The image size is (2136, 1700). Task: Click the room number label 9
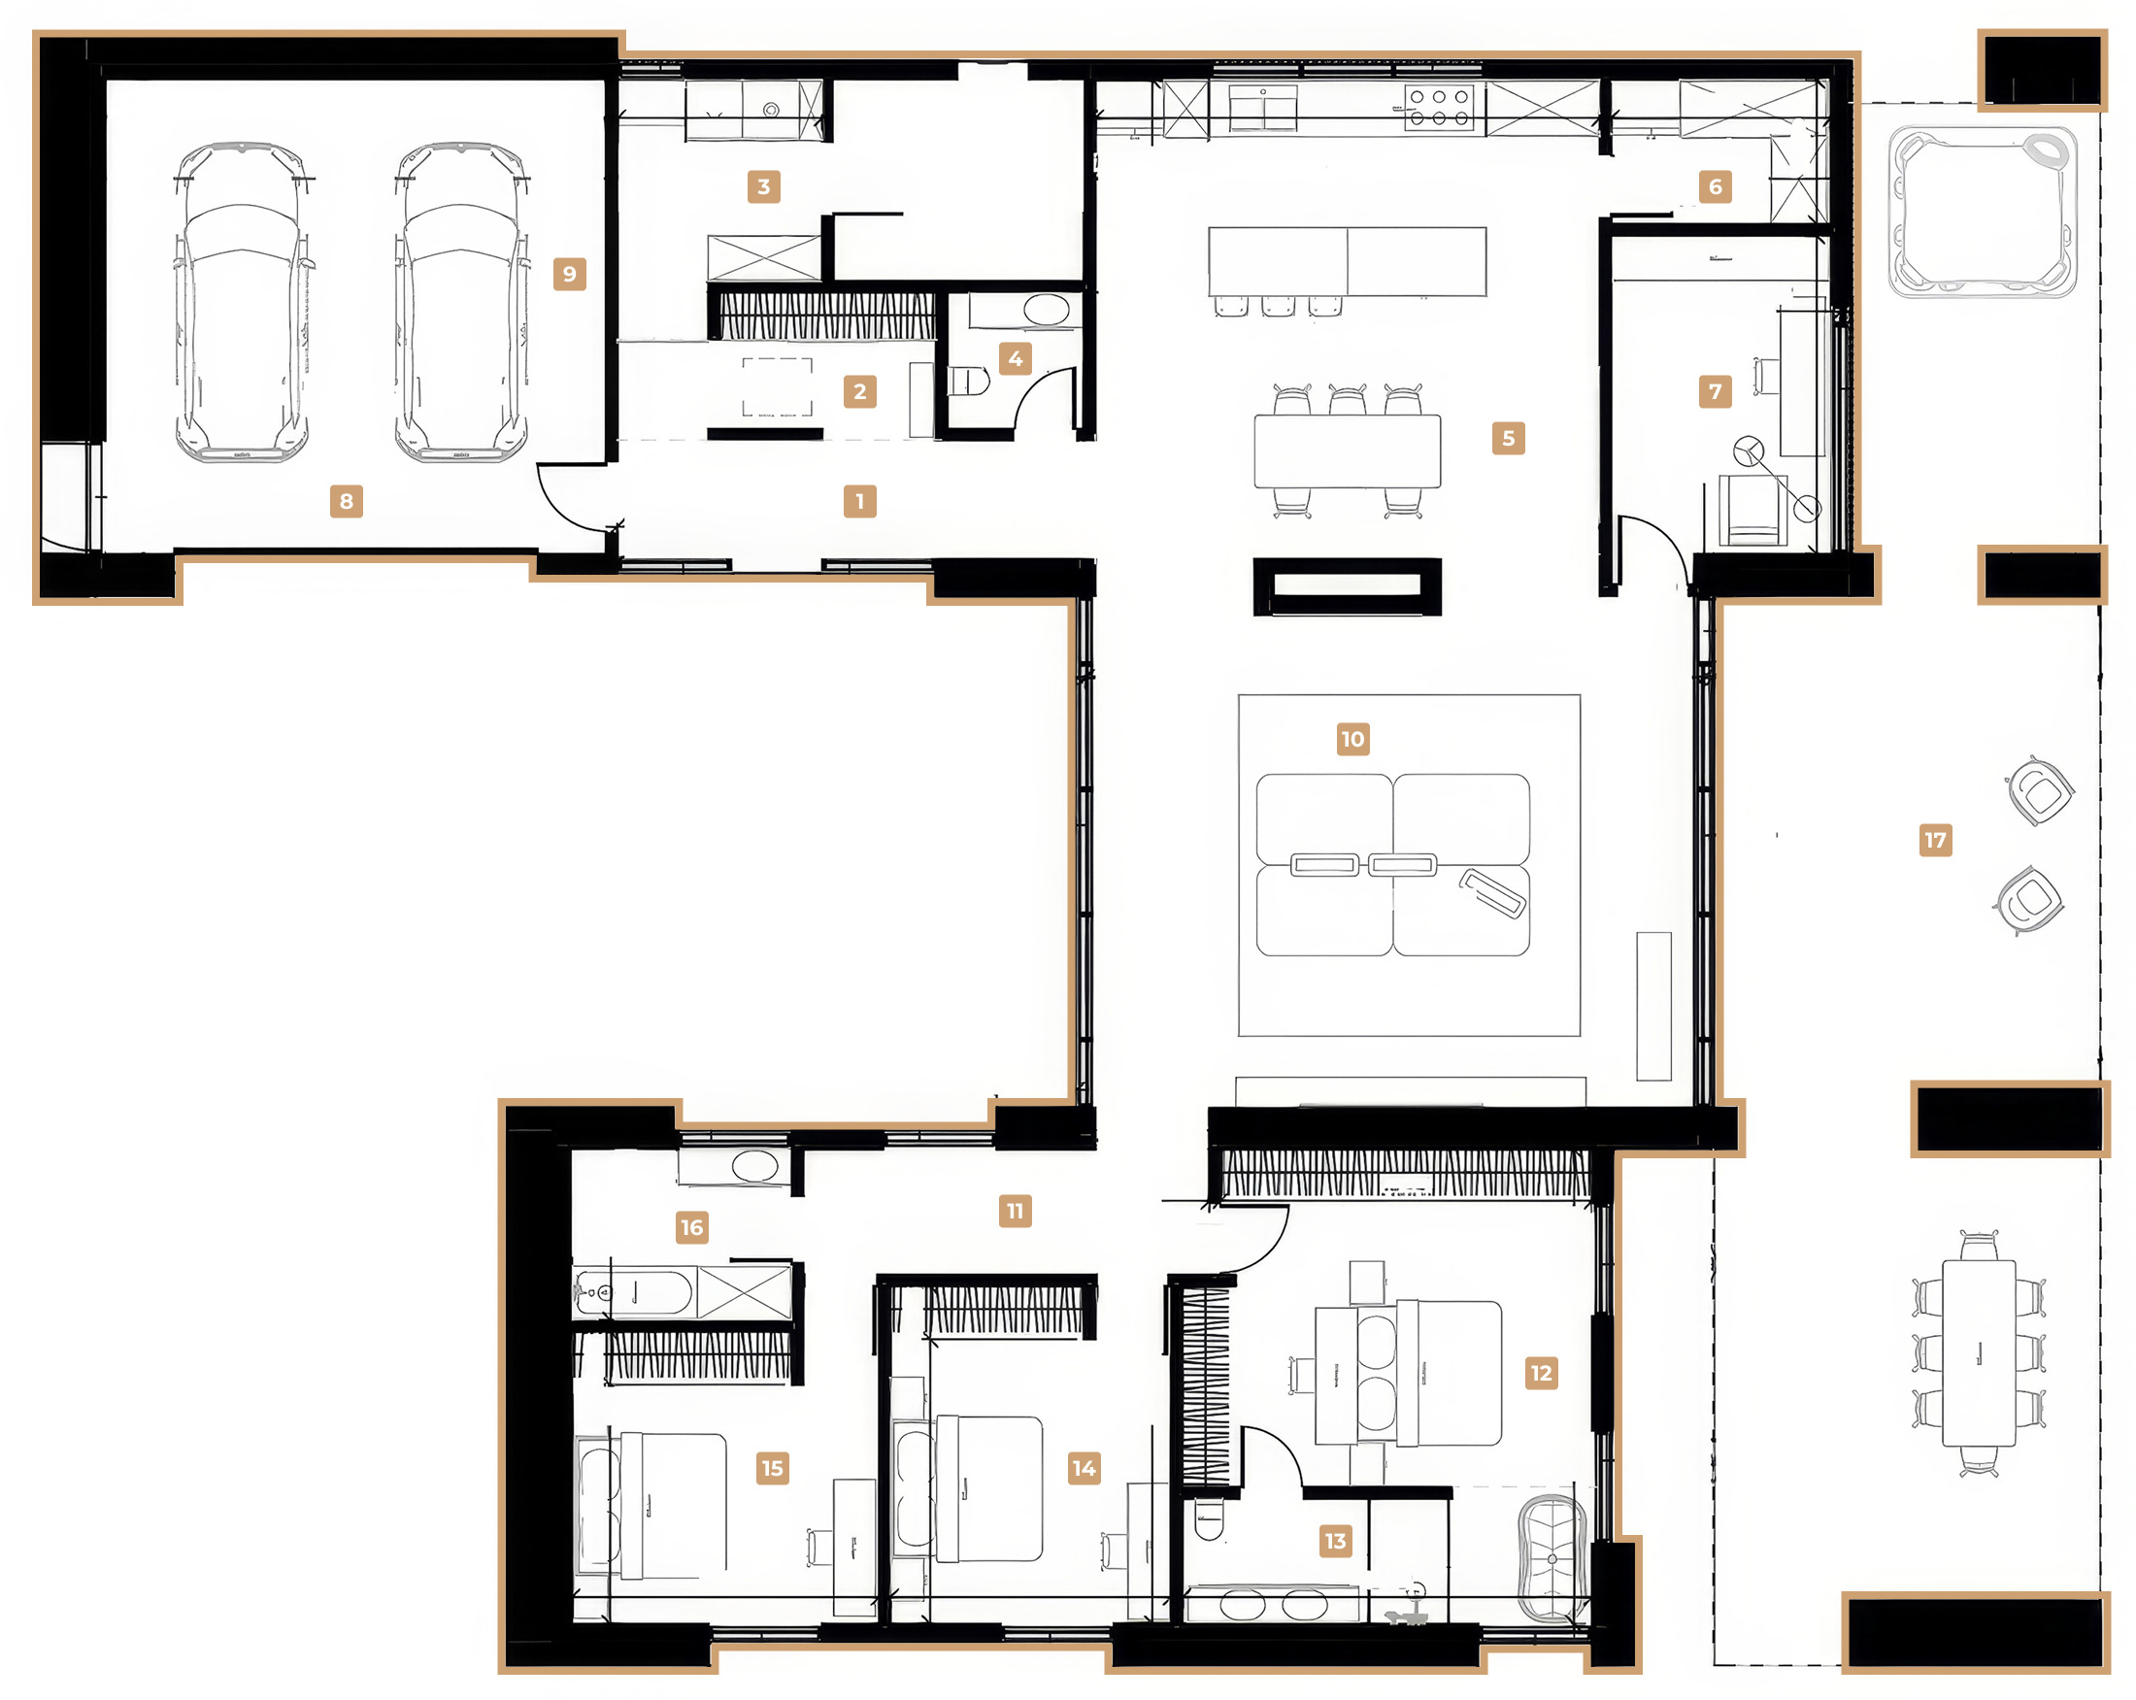[570, 274]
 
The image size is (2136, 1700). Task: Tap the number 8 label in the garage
[347, 501]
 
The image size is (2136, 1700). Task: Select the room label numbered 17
[1935, 840]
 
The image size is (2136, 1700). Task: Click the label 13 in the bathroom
[1336, 1541]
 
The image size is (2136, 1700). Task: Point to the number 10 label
[1352, 738]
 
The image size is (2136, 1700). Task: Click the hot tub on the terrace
[1983, 211]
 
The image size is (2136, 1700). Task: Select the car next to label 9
[460, 302]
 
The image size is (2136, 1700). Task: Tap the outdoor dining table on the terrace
[1979, 1353]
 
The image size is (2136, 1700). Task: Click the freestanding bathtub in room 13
[1552, 1558]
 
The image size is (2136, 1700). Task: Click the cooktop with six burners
[1440, 108]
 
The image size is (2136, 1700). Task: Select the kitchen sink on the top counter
[1263, 108]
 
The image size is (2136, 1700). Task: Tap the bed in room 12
[1449, 1373]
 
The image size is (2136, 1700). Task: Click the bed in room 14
[987, 1488]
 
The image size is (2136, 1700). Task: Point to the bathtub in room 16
[634, 1293]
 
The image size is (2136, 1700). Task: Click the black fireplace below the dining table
[1348, 586]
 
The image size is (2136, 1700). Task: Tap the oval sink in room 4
[1047, 310]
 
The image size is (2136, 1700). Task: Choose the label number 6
[1715, 186]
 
